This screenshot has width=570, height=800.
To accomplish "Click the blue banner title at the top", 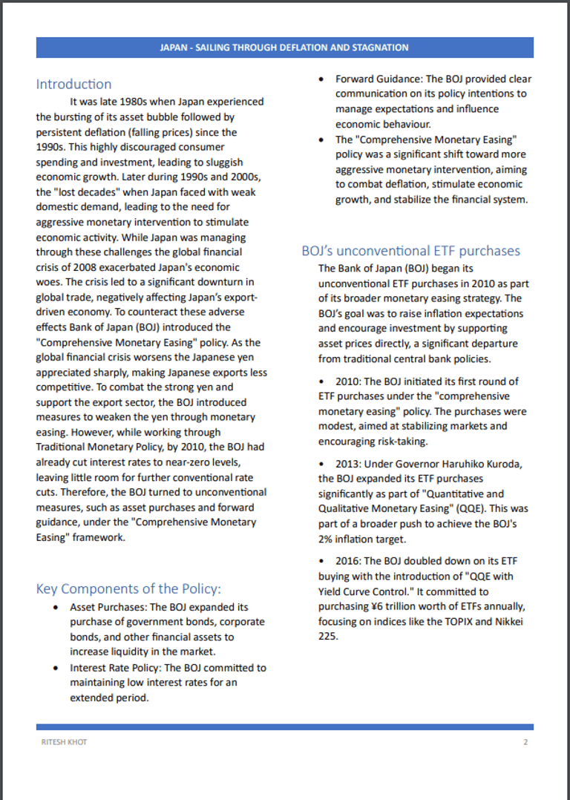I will point(284,47).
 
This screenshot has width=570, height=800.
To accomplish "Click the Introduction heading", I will point(73,84).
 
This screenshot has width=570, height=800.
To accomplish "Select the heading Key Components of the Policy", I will point(128,588).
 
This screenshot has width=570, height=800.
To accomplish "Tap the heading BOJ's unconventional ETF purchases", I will point(410,251).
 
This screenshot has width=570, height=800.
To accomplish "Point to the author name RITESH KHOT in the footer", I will point(64,742).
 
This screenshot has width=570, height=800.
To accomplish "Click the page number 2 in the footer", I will point(525,742).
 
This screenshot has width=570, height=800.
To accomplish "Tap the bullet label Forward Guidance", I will point(378,79).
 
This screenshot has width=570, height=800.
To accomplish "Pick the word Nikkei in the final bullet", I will point(506,621).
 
